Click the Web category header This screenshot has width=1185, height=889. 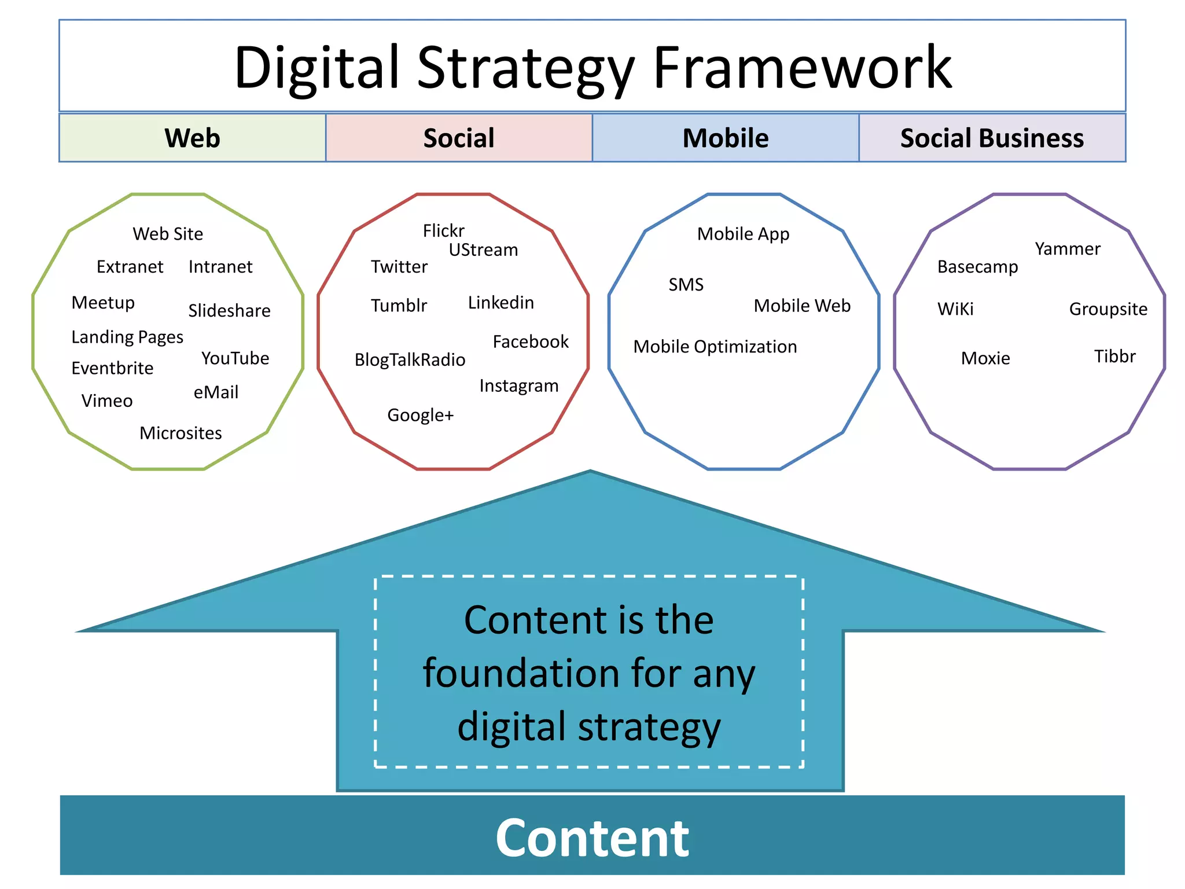(192, 138)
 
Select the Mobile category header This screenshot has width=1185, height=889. (726, 138)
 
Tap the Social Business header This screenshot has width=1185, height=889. (992, 138)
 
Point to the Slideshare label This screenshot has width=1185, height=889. (229, 311)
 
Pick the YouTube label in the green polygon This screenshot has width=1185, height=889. (235, 358)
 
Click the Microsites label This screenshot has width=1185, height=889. (181, 433)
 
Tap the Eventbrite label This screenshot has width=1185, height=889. (112, 368)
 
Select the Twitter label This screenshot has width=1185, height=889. (399, 267)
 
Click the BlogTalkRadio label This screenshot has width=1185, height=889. (410, 360)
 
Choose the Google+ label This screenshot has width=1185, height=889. (421, 415)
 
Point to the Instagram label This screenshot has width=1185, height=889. (519, 385)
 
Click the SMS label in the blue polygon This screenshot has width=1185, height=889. (686, 285)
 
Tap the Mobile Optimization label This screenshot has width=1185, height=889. (715, 347)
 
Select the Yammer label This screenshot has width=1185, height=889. (1068, 249)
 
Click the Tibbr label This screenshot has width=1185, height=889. (1115, 356)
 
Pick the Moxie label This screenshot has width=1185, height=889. (985, 358)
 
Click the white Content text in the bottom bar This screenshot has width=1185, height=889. (592, 837)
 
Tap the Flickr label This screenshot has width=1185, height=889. (444, 231)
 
